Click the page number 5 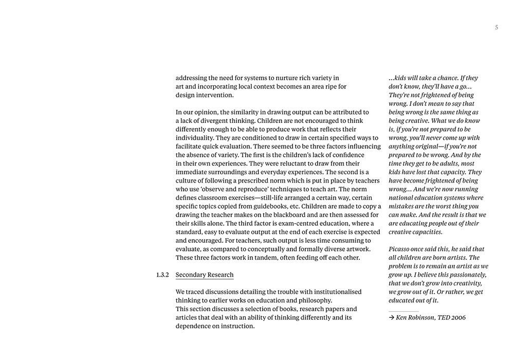point(497,28)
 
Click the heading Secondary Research point(205,275)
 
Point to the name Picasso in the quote point(401,249)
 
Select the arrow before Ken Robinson point(391,317)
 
